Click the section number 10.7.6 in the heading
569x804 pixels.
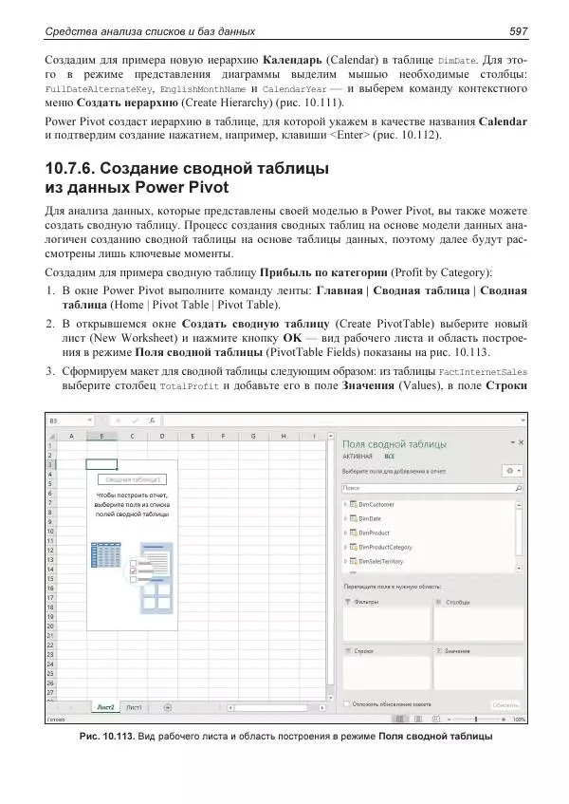click(80, 170)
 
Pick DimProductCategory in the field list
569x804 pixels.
click(385, 547)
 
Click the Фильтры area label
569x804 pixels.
click(366, 602)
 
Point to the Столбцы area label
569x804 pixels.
click(458, 602)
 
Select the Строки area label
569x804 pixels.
click(363, 650)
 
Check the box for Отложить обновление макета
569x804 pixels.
click(346, 704)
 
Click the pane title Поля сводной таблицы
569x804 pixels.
click(394, 443)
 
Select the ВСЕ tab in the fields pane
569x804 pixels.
click(389, 456)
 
